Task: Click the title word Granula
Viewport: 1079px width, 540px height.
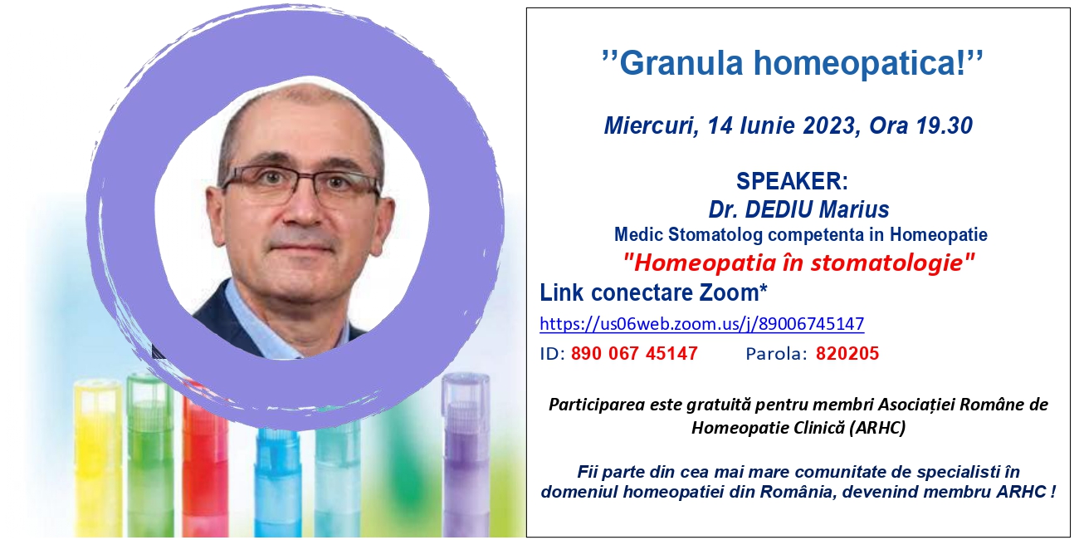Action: coord(681,62)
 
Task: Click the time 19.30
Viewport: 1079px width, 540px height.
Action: coord(945,125)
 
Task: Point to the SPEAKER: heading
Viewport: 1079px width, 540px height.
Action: coord(792,181)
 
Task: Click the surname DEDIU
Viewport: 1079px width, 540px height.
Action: coord(779,209)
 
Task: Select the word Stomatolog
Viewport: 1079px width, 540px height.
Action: coord(715,235)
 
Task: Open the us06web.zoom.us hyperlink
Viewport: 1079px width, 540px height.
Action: coord(702,323)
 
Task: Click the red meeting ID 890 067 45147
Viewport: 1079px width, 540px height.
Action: coord(634,353)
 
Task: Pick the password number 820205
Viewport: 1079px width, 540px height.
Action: coord(847,353)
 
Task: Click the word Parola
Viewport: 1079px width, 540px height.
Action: coord(774,354)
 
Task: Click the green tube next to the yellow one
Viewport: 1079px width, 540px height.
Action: coord(150,455)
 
